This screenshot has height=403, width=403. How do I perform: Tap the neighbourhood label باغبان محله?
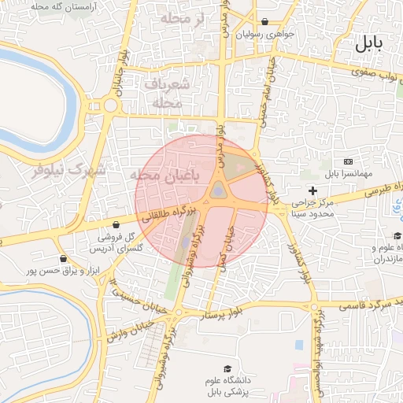click(168, 176)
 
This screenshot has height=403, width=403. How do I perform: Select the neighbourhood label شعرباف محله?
click(168, 93)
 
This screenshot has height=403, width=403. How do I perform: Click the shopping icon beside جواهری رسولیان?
click(264, 22)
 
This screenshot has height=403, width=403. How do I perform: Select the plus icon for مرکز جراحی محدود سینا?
click(312, 190)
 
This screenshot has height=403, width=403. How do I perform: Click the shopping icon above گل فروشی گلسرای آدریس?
click(116, 224)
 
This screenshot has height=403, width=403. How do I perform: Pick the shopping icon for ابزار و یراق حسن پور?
click(63, 258)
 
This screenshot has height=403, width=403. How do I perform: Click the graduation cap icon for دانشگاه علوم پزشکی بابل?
click(227, 369)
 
